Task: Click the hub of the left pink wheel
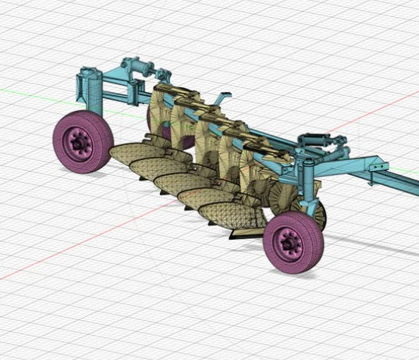point(79,142)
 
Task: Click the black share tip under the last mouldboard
point(235,234)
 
